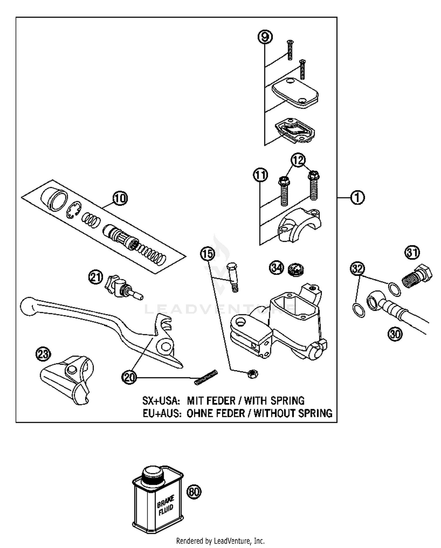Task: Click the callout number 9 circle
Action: pyautogui.click(x=265, y=37)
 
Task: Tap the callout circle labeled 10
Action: pyautogui.click(x=120, y=198)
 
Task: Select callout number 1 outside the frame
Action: pyautogui.click(x=357, y=198)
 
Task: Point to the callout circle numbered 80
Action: pyautogui.click(x=194, y=492)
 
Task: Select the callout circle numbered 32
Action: pyautogui.click(x=357, y=269)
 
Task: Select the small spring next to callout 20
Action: pyautogui.click(x=206, y=377)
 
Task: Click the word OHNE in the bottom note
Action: pyautogui.click(x=199, y=413)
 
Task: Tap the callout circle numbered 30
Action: pyautogui.click(x=395, y=334)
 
